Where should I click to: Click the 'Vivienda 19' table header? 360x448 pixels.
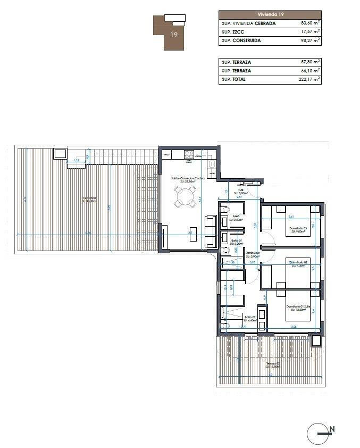click(270, 15)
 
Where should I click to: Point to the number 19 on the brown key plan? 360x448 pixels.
click(173, 35)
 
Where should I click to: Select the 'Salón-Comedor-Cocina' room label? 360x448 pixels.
click(184, 179)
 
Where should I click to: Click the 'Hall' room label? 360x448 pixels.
click(240, 189)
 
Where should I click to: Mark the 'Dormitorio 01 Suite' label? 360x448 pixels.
click(297, 306)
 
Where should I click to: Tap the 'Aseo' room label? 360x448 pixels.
click(236, 216)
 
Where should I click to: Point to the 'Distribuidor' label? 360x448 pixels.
click(253, 253)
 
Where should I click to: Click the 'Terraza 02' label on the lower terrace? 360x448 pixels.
click(273, 364)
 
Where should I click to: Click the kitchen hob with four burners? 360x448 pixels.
click(188, 155)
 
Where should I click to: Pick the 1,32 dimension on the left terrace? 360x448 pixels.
click(76, 160)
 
